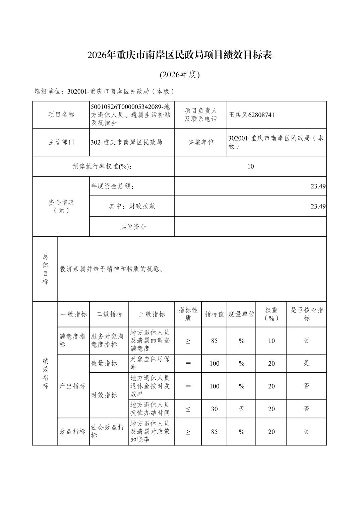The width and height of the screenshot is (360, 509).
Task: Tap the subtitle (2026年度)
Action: click(x=180, y=75)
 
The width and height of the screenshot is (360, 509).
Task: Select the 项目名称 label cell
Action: click(x=61, y=115)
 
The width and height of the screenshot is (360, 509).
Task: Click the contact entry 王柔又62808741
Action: click(x=251, y=115)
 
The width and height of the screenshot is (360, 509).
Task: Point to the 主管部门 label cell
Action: click(x=61, y=142)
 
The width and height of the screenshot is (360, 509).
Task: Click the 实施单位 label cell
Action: click(x=200, y=142)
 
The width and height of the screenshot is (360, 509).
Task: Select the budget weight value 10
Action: click(x=250, y=166)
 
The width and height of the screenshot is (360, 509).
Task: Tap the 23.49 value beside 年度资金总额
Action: click(x=318, y=186)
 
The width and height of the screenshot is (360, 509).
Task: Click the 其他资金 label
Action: click(x=133, y=227)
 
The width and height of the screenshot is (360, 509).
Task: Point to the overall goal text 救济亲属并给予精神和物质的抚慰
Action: click(x=112, y=269)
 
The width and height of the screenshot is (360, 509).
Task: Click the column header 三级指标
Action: click(x=152, y=314)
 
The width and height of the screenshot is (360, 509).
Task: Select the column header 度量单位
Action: click(x=241, y=314)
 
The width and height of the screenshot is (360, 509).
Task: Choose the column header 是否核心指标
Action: click(x=306, y=314)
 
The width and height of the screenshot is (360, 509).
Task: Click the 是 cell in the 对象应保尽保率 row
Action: click(x=306, y=363)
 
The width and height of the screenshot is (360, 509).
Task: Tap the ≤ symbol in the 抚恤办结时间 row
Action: click(x=188, y=409)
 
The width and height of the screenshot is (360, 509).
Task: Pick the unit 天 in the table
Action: click(x=241, y=409)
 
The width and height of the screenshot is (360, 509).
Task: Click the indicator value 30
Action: click(x=214, y=409)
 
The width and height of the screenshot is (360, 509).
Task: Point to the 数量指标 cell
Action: click(x=104, y=363)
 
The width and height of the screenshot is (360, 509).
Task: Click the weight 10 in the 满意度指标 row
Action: click(x=271, y=341)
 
